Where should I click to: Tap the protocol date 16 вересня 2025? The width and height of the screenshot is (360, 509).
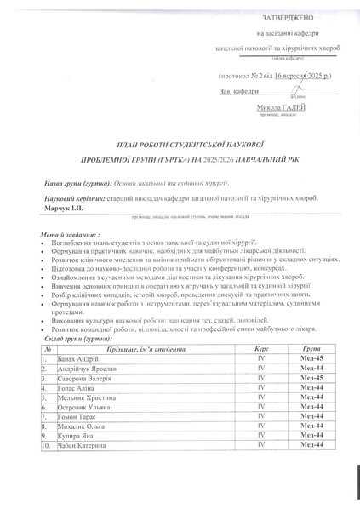click(290, 75)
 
